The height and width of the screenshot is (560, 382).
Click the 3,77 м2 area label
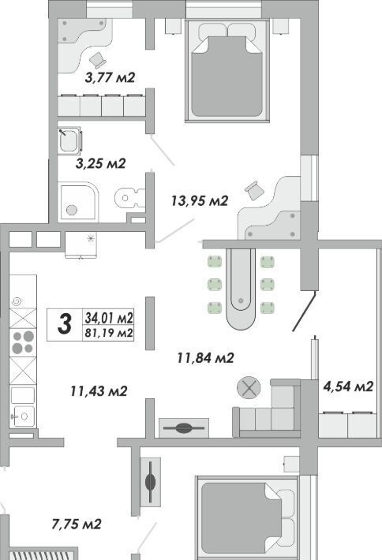click(110, 77)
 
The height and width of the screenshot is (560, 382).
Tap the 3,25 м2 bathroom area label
click(101, 163)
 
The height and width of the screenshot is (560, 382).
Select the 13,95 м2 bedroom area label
click(200, 200)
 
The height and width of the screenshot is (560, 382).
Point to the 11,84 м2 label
click(205, 357)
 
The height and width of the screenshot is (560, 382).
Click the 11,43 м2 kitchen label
click(99, 391)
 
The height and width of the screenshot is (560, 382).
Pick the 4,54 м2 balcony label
click(348, 386)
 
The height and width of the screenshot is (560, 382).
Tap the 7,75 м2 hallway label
click(77, 525)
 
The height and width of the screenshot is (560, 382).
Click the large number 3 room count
click(65, 325)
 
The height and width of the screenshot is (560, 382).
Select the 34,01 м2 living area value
click(109, 317)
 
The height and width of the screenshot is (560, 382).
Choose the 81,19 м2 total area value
click(109, 333)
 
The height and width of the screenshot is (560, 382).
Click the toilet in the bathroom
click(130, 197)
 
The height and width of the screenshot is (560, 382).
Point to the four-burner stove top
click(23, 342)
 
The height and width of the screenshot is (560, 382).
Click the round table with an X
click(249, 388)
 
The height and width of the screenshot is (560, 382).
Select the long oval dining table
click(241, 289)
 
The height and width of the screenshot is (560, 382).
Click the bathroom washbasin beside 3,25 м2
click(69, 140)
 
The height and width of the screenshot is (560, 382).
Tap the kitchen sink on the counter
click(23, 416)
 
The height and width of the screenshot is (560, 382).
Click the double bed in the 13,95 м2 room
click(227, 71)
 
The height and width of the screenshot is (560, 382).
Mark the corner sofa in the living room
click(267, 409)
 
